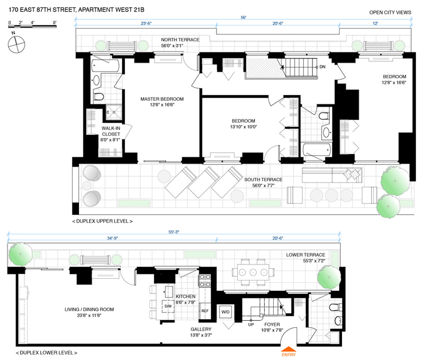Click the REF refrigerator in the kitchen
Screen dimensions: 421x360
pos(205,311)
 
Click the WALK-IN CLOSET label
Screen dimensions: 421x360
pos(111,131)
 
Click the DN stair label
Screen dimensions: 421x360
pos(322,67)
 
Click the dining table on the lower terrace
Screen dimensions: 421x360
pos(252,272)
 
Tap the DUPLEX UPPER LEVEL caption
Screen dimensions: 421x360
pos(102,222)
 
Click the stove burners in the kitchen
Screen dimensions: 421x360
pos(205,281)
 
